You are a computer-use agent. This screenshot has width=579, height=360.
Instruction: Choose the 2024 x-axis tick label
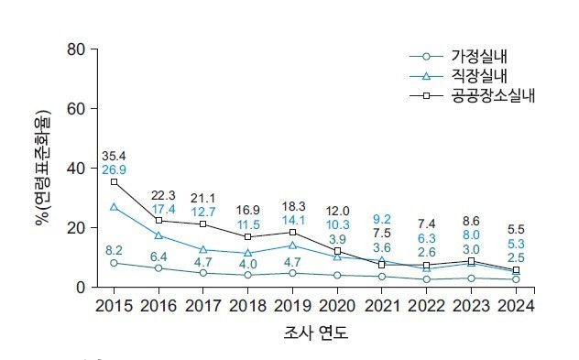click(x=516, y=305)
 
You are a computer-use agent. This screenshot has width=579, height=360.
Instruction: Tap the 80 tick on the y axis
click(x=76, y=49)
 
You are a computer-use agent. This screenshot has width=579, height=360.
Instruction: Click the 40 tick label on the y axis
click(x=76, y=168)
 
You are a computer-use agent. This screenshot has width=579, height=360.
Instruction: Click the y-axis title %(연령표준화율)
click(x=42, y=168)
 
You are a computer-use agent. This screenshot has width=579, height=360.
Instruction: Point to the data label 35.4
click(x=115, y=156)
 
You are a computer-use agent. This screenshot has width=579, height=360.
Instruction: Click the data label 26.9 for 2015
click(x=115, y=170)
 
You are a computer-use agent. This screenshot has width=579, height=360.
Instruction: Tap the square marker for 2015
click(x=115, y=181)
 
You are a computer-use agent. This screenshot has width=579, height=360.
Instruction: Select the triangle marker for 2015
click(x=115, y=207)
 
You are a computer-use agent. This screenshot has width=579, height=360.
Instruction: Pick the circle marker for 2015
click(x=115, y=263)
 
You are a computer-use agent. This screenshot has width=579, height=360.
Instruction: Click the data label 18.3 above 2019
click(x=293, y=206)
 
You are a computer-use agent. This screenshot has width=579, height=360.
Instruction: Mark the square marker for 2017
click(x=203, y=224)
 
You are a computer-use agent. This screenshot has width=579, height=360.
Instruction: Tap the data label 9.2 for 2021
click(x=382, y=219)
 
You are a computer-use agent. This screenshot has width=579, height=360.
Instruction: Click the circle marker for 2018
click(x=248, y=275)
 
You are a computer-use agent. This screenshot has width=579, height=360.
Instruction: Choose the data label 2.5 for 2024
click(x=516, y=257)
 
